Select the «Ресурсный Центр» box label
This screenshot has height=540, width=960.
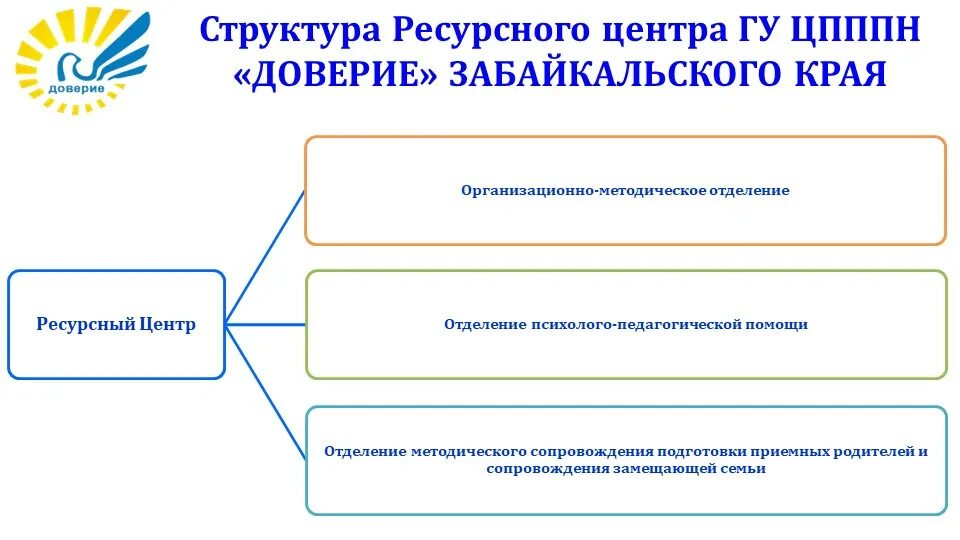116,324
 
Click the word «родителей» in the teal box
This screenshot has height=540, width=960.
874,451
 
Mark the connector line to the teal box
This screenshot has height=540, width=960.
265,391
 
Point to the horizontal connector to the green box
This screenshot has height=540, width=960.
265,324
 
